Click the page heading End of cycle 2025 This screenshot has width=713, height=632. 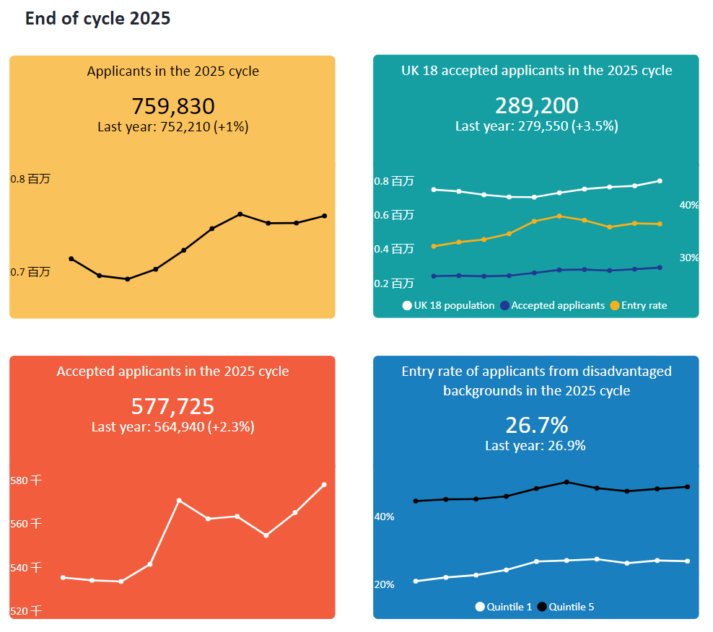97,19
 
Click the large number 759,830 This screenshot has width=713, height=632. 172,106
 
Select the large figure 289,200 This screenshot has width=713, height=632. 536,105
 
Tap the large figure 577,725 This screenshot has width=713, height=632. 172,406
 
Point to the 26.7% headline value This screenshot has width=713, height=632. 536,424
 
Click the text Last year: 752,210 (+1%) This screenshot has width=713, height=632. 172,126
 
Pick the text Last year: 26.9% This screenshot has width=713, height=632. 535,445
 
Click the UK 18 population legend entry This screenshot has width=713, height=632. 448,305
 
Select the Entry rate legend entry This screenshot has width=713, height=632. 639,305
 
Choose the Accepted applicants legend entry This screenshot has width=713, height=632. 552,305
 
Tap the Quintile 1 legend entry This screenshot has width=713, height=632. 503,607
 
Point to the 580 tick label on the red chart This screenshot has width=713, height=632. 26,480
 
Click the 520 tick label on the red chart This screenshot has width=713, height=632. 26,611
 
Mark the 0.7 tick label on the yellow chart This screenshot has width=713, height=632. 30,272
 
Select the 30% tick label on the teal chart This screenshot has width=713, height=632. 688,258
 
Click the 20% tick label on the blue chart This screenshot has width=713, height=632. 384,584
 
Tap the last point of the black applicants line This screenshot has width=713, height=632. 325,216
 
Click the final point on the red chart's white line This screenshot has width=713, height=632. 324,484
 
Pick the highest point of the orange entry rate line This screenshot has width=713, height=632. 559,216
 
